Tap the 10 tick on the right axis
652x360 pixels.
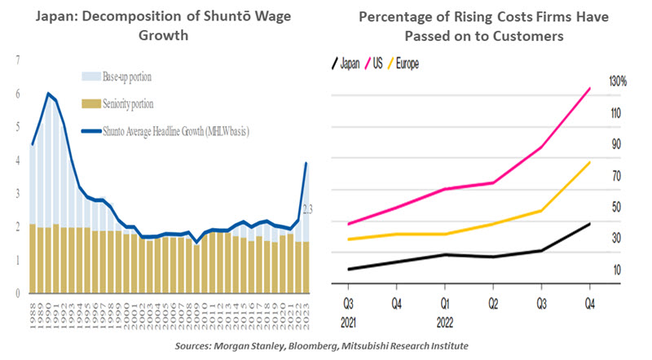click(x=616, y=270)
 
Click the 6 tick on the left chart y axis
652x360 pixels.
click(x=18, y=93)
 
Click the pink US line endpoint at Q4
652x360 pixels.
click(x=590, y=88)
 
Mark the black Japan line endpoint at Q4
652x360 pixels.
click(x=590, y=223)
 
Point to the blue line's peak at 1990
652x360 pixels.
click(x=48, y=94)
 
